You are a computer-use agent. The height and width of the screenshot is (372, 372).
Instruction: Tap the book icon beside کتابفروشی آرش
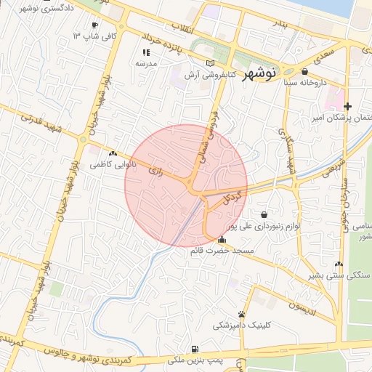coord(211,63)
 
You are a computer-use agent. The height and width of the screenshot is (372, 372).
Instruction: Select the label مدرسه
coord(146,63)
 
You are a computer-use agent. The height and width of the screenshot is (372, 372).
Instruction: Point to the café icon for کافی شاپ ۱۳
coord(95,25)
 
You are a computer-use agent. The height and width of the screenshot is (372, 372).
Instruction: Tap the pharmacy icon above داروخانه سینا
coord(304,71)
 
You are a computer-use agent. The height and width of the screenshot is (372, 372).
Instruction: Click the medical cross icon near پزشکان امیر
coord(347,106)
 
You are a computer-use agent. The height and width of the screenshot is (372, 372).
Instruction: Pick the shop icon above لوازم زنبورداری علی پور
coord(262,214)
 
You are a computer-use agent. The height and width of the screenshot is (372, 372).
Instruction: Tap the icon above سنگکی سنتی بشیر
coord(339,264)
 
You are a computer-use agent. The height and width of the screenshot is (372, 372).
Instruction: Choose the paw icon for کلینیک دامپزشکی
coord(240,314)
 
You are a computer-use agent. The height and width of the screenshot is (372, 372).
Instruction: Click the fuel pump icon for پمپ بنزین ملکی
coord(194,349)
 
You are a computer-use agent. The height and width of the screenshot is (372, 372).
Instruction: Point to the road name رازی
coord(155,171)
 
